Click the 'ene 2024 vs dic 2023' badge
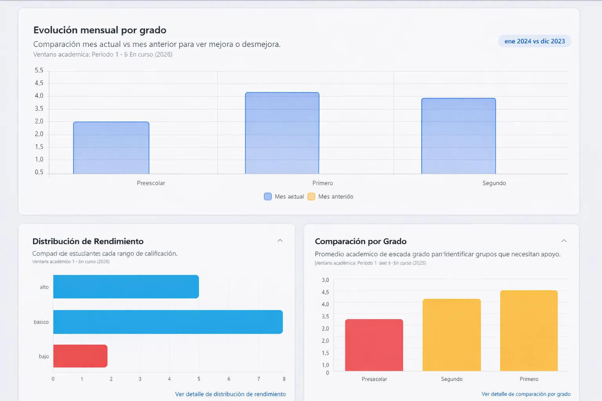535,41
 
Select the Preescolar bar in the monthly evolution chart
111,148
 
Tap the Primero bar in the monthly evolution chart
282,133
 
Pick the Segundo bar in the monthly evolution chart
459,136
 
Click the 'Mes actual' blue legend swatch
268,197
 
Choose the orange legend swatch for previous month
311,197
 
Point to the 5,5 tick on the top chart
39,70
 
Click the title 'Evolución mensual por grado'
100,30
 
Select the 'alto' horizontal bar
126,287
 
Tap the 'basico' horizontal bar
168,322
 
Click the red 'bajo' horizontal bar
80,356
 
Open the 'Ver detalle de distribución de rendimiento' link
230,394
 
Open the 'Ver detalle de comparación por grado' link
526,394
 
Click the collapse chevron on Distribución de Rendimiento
280,240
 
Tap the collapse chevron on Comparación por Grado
564,241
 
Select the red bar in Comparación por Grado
374,345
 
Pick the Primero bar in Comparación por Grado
529,331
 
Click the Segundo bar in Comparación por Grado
451,335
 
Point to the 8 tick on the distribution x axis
284,379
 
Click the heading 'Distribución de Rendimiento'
88,241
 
